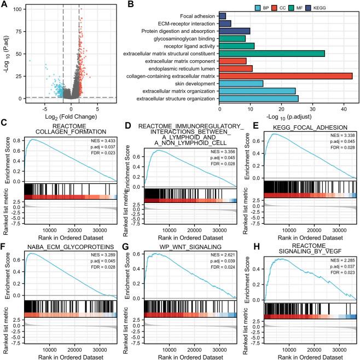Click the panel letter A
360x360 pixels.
[6, 5]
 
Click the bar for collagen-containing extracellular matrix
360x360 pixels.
[285, 76]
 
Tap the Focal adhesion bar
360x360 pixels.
[222, 16]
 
